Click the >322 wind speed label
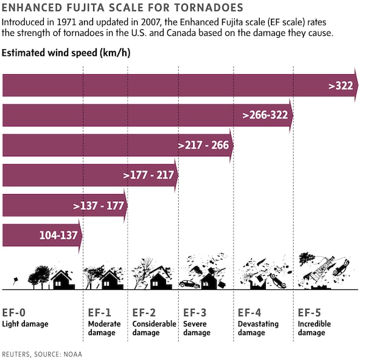pos(341,86)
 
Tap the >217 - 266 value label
pos(203,145)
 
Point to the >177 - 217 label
pos(149,175)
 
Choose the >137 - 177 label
pos(99,205)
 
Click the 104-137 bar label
pos(57,235)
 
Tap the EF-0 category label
pos(14,313)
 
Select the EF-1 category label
pos(100,313)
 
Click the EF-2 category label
pos(144,313)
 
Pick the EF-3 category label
pos(195,313)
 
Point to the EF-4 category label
pos(250,313)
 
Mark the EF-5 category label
pos(310,313)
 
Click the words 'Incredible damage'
pos(315,328)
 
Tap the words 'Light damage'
pos(25,324)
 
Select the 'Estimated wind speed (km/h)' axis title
pos(66,54)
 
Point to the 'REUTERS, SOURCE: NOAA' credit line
pos(42,353)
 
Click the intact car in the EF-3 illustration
pos(189,284)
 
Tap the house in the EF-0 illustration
pos(62,280)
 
